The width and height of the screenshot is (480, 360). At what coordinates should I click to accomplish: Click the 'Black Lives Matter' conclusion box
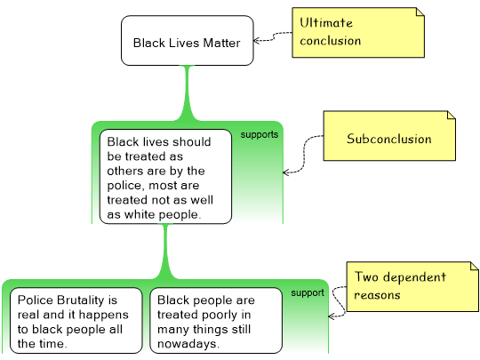click(188, 40)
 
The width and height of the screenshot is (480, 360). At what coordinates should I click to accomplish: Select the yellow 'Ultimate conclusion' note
click(358, 33)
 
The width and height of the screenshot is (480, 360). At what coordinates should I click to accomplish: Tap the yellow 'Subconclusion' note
click(389, 136)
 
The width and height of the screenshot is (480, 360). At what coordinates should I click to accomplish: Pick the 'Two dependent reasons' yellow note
click(412, 286)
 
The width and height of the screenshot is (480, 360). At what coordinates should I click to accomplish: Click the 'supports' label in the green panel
click(260, 135)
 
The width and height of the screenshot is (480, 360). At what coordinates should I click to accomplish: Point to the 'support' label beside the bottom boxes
click(308, 293)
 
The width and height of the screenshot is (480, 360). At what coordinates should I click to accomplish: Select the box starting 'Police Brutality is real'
click(76, 321)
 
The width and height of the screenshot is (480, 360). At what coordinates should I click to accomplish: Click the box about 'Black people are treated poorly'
click(216, 321)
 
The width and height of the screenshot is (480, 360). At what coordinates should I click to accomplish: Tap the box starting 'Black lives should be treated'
click(165, 177)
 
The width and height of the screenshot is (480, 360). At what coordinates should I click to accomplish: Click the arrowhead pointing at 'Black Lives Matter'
click(257, 40)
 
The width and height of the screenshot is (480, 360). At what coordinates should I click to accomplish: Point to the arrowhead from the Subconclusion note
click(286, 172)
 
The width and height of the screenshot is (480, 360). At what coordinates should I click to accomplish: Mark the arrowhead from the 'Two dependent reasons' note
click(332, 316)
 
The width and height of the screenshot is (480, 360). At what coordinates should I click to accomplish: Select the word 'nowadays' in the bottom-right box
click(187, 344)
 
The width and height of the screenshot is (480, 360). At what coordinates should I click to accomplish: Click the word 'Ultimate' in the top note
click(326, 23)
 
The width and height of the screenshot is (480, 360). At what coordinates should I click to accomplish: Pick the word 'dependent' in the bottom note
click(415, 277)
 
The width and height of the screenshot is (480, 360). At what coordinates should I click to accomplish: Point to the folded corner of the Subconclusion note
click(452, 115)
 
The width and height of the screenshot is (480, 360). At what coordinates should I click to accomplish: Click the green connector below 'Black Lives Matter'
click(188, 92)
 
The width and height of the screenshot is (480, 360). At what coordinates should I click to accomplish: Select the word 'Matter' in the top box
click(221, 43)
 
